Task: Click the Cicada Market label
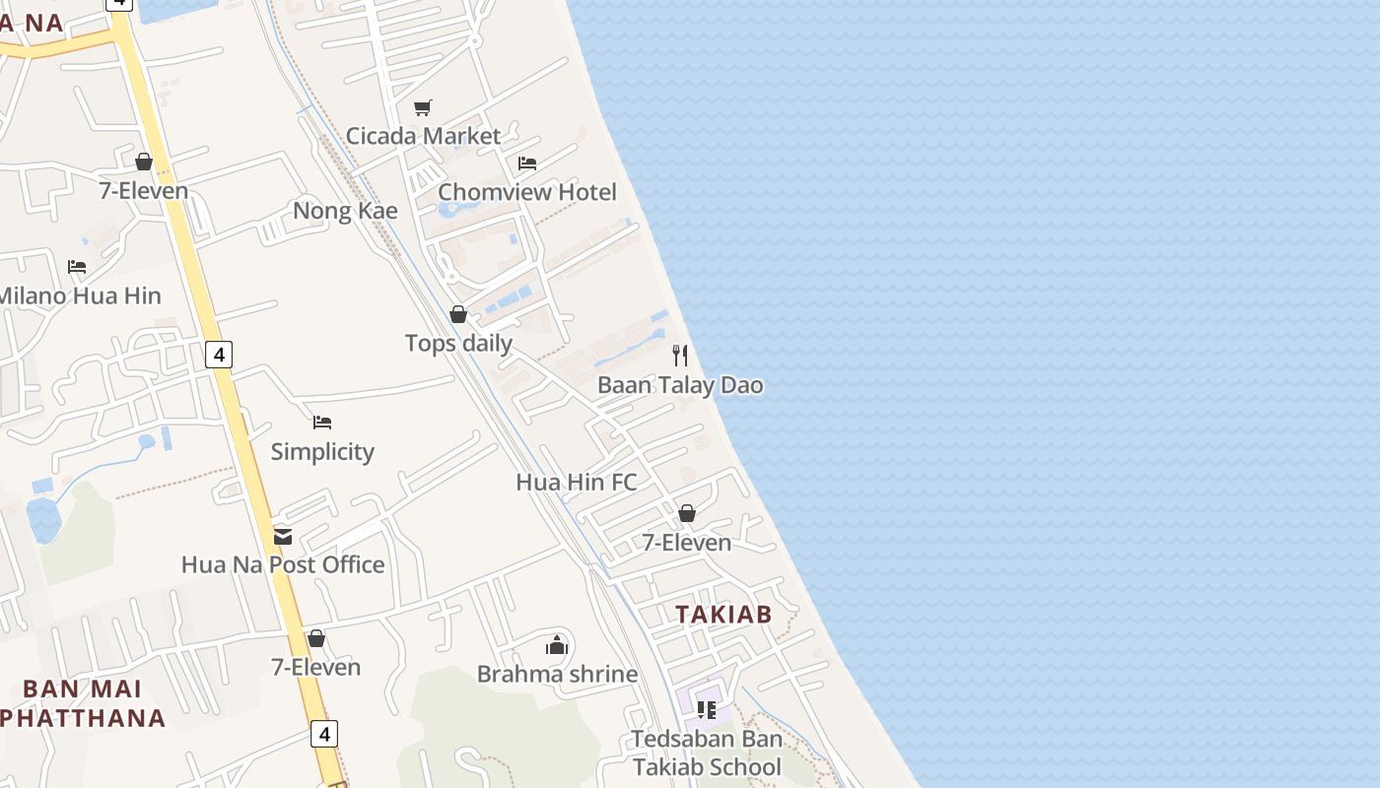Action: point(423,136)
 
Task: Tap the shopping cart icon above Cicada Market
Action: point(423,107)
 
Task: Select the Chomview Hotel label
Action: point(526,192)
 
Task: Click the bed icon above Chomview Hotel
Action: point(527,164)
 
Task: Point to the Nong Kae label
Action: point(345,211)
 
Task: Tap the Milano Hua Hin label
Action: point(79,295)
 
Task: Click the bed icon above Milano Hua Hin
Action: point(77,267)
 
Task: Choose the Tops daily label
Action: point(458,343)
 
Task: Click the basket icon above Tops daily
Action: point(458,314)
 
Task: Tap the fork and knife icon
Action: point(680,356)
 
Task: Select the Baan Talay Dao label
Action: point(680,385)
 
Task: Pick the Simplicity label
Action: point(322,452)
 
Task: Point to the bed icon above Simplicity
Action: point(322,423)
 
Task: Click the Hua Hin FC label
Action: point(577,483)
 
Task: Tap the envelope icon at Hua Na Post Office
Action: point(283,537)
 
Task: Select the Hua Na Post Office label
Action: point(283,565)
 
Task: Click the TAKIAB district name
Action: point(724,615)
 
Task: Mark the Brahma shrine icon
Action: point(557,645)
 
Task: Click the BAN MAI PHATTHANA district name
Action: point(82,703)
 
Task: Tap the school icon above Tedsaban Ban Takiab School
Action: point(707,709)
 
